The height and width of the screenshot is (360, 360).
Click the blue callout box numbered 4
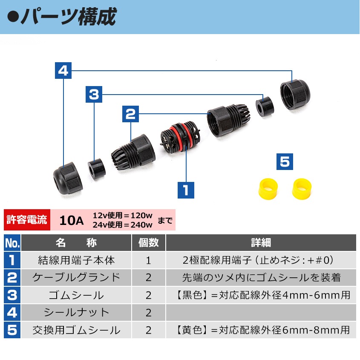pyautogui.click(x=63, y=70)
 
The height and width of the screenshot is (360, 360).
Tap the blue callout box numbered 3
pyautogui.click(x=94, y=94)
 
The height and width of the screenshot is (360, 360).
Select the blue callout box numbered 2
pyautogui.click(x=130, y=114)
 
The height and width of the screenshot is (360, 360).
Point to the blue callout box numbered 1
pyautogui.click(x=186, y=190)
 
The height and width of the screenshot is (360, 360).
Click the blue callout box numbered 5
pyautogui.click(x=285, y=161)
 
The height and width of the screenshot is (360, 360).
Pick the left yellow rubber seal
pyautogui.click(x=268, y=189)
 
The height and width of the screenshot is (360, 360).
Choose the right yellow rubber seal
pyautogui.click(x=302, y=189)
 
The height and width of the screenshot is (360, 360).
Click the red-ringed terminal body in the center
pyautogui.click(x=180, y=137)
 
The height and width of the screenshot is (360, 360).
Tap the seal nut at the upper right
pyautogui.click(x=295, y=94)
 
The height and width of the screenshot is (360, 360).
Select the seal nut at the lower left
pyautogui.click(x=68, y=178)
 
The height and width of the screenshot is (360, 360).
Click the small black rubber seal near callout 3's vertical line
pyautogui.click(x=97, y=169)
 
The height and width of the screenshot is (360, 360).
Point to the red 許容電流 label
pyautogui.click(x=27, y=220)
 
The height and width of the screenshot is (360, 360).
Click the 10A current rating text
pyautogui.click(x=72, y=220)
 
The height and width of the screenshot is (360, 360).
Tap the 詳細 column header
pyautogui.click(x=261, y=243)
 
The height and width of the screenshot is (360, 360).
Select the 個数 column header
pyautogui.click(x=149, y=243)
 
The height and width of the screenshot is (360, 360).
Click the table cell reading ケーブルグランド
pyautogui.click(x=76, y=278)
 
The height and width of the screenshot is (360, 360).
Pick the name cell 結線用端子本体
pyautogui.click(x=76, y=260)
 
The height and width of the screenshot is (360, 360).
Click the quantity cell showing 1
pyautogui.click(x=149, y=260)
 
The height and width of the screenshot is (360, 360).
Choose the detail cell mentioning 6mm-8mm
pyautogui.click(x=261, y=330)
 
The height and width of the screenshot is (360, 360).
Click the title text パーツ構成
pyautogui.click(x=69, y=17)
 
